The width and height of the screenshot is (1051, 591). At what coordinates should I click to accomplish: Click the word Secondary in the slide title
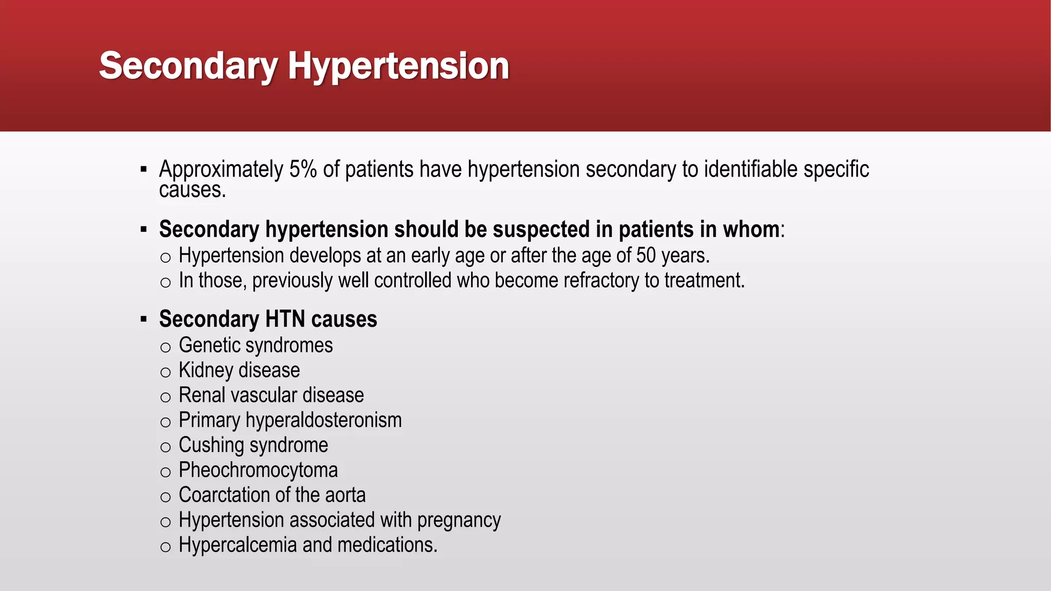click(188, 66)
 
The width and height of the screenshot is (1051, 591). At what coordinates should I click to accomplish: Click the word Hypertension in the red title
click(398, 66)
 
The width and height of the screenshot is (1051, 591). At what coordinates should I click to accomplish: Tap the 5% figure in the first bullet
click(303, 169)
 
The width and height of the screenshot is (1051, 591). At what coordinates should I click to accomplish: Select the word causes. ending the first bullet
click(192, 190)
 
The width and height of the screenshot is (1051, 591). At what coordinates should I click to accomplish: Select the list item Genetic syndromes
click(256, 345)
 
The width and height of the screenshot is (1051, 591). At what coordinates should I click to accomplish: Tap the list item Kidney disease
click(239, 370)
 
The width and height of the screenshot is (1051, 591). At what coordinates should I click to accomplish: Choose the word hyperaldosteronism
click(323, 421)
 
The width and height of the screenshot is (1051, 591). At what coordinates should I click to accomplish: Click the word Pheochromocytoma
click(258, 470)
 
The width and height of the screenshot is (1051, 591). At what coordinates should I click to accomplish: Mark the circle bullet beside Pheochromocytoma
click(165, 472)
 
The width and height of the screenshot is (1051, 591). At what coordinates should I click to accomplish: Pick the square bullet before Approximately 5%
click(144, 169)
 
